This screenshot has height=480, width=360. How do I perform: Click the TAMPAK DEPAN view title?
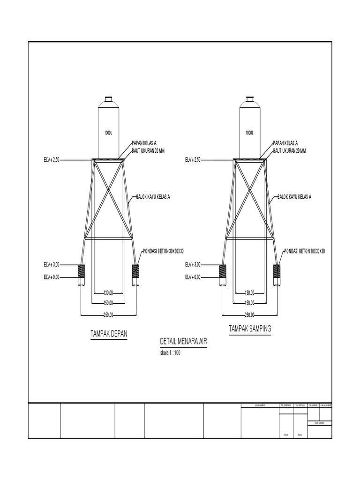click(109, 334)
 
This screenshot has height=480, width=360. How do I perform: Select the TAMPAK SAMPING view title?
click(250, 329)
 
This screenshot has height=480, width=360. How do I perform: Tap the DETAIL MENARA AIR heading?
click(183, 343)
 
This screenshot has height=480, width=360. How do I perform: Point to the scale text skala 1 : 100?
click(170, 353)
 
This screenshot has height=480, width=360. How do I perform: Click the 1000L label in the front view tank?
click(108, 133)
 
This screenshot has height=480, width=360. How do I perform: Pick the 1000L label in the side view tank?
click(250, 133)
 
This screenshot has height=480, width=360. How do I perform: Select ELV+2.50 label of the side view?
click(193, 160)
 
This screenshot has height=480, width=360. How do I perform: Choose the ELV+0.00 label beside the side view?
click(193, 277)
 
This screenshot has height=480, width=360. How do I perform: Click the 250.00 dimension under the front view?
click(109, 315)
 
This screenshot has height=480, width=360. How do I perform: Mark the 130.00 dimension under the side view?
click(249, 292)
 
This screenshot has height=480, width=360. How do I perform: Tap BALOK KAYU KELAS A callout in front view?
click(153, 197)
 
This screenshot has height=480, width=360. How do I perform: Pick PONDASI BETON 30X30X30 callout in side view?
click(305, 251)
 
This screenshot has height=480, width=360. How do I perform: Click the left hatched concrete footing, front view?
click(81, 271)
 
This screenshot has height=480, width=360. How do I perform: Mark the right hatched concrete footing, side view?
click(277, 271)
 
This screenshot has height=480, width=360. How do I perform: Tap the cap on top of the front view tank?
click(109, 99)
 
